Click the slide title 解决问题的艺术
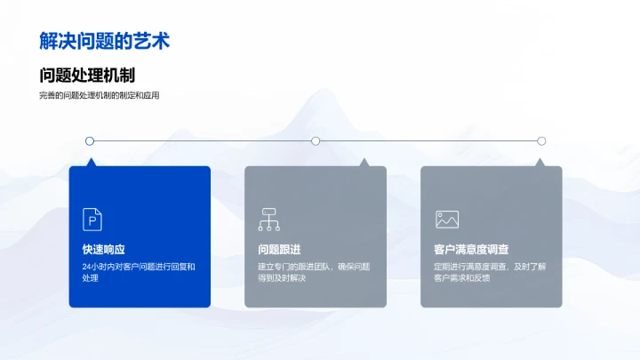point(105,41)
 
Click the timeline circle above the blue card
point(90,140)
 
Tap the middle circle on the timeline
point(316,140)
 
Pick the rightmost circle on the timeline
point(541,140)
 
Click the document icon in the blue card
point(92,219)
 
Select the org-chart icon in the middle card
point(268,219)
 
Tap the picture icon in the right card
point(446,219)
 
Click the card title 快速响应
point(104,250)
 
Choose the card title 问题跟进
point(280,250)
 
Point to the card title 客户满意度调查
point(471,250)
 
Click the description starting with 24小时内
point(138,272)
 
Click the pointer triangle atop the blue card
point(90,163)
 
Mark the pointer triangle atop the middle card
point(363,163)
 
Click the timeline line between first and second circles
point(203,140)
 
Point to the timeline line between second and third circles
point(428,140)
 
